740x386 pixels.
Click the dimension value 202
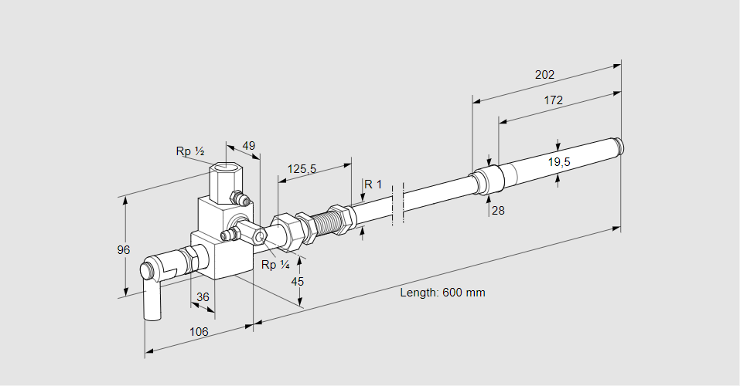(x=544, y=75)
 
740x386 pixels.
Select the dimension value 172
(x=553, y=100)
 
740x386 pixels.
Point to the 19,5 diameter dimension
(x=559, y=162)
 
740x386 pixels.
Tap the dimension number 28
(x=497, y=210)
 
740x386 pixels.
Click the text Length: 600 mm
(x=442, y=293)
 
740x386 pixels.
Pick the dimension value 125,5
(x=302, y=169)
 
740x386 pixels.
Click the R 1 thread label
(x=373, y=184)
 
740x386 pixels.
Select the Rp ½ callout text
(x=189, y=151)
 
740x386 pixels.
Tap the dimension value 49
(x=248, y=146)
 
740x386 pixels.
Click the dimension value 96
(x=124, y=250)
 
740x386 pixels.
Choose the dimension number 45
(x=297, y=281)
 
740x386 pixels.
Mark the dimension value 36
(x=203, y=296)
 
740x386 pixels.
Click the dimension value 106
(x=199, y=331)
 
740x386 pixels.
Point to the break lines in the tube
(x=397, y=205)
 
